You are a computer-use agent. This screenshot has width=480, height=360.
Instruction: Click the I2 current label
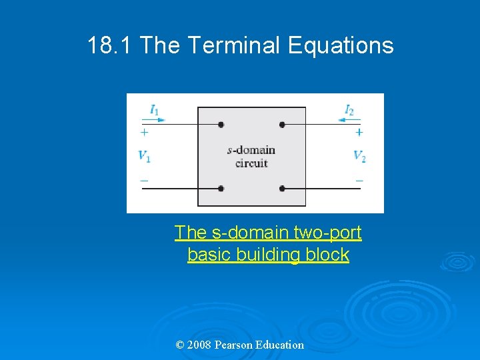click(x=349, y=109)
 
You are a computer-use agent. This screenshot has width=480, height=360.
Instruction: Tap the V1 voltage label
click(x=144, y=156)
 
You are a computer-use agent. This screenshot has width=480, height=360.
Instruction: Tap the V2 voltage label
click(x=359, y=156)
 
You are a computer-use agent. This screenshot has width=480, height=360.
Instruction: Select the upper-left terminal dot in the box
click(x=221, y=124)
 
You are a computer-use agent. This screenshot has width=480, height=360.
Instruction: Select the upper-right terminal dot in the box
click(x=282, y=124)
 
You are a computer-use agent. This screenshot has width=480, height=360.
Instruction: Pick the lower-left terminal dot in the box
click(x=221, y=189)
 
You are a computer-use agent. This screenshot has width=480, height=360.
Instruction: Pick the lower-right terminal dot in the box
click(x=282, y=189)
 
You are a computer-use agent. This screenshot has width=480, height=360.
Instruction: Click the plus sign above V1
click(x=144, y=132)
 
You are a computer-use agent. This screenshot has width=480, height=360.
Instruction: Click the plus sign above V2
click(x=359, y=132)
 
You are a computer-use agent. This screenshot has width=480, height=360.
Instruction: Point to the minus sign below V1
click(x=144, y=180)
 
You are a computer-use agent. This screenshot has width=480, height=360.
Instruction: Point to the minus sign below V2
click(x=359, y=180)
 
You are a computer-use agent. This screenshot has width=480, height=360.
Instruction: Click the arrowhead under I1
click(x=160, y=120)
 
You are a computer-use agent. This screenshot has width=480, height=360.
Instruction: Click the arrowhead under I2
click(x=342, y=120)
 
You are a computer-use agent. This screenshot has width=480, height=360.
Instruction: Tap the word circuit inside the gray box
click(x=251, y=163)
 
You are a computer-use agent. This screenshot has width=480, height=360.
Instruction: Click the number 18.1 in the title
click(x=111, y=45)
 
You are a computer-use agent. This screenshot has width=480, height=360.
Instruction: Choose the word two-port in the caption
click(x=330, y=233)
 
